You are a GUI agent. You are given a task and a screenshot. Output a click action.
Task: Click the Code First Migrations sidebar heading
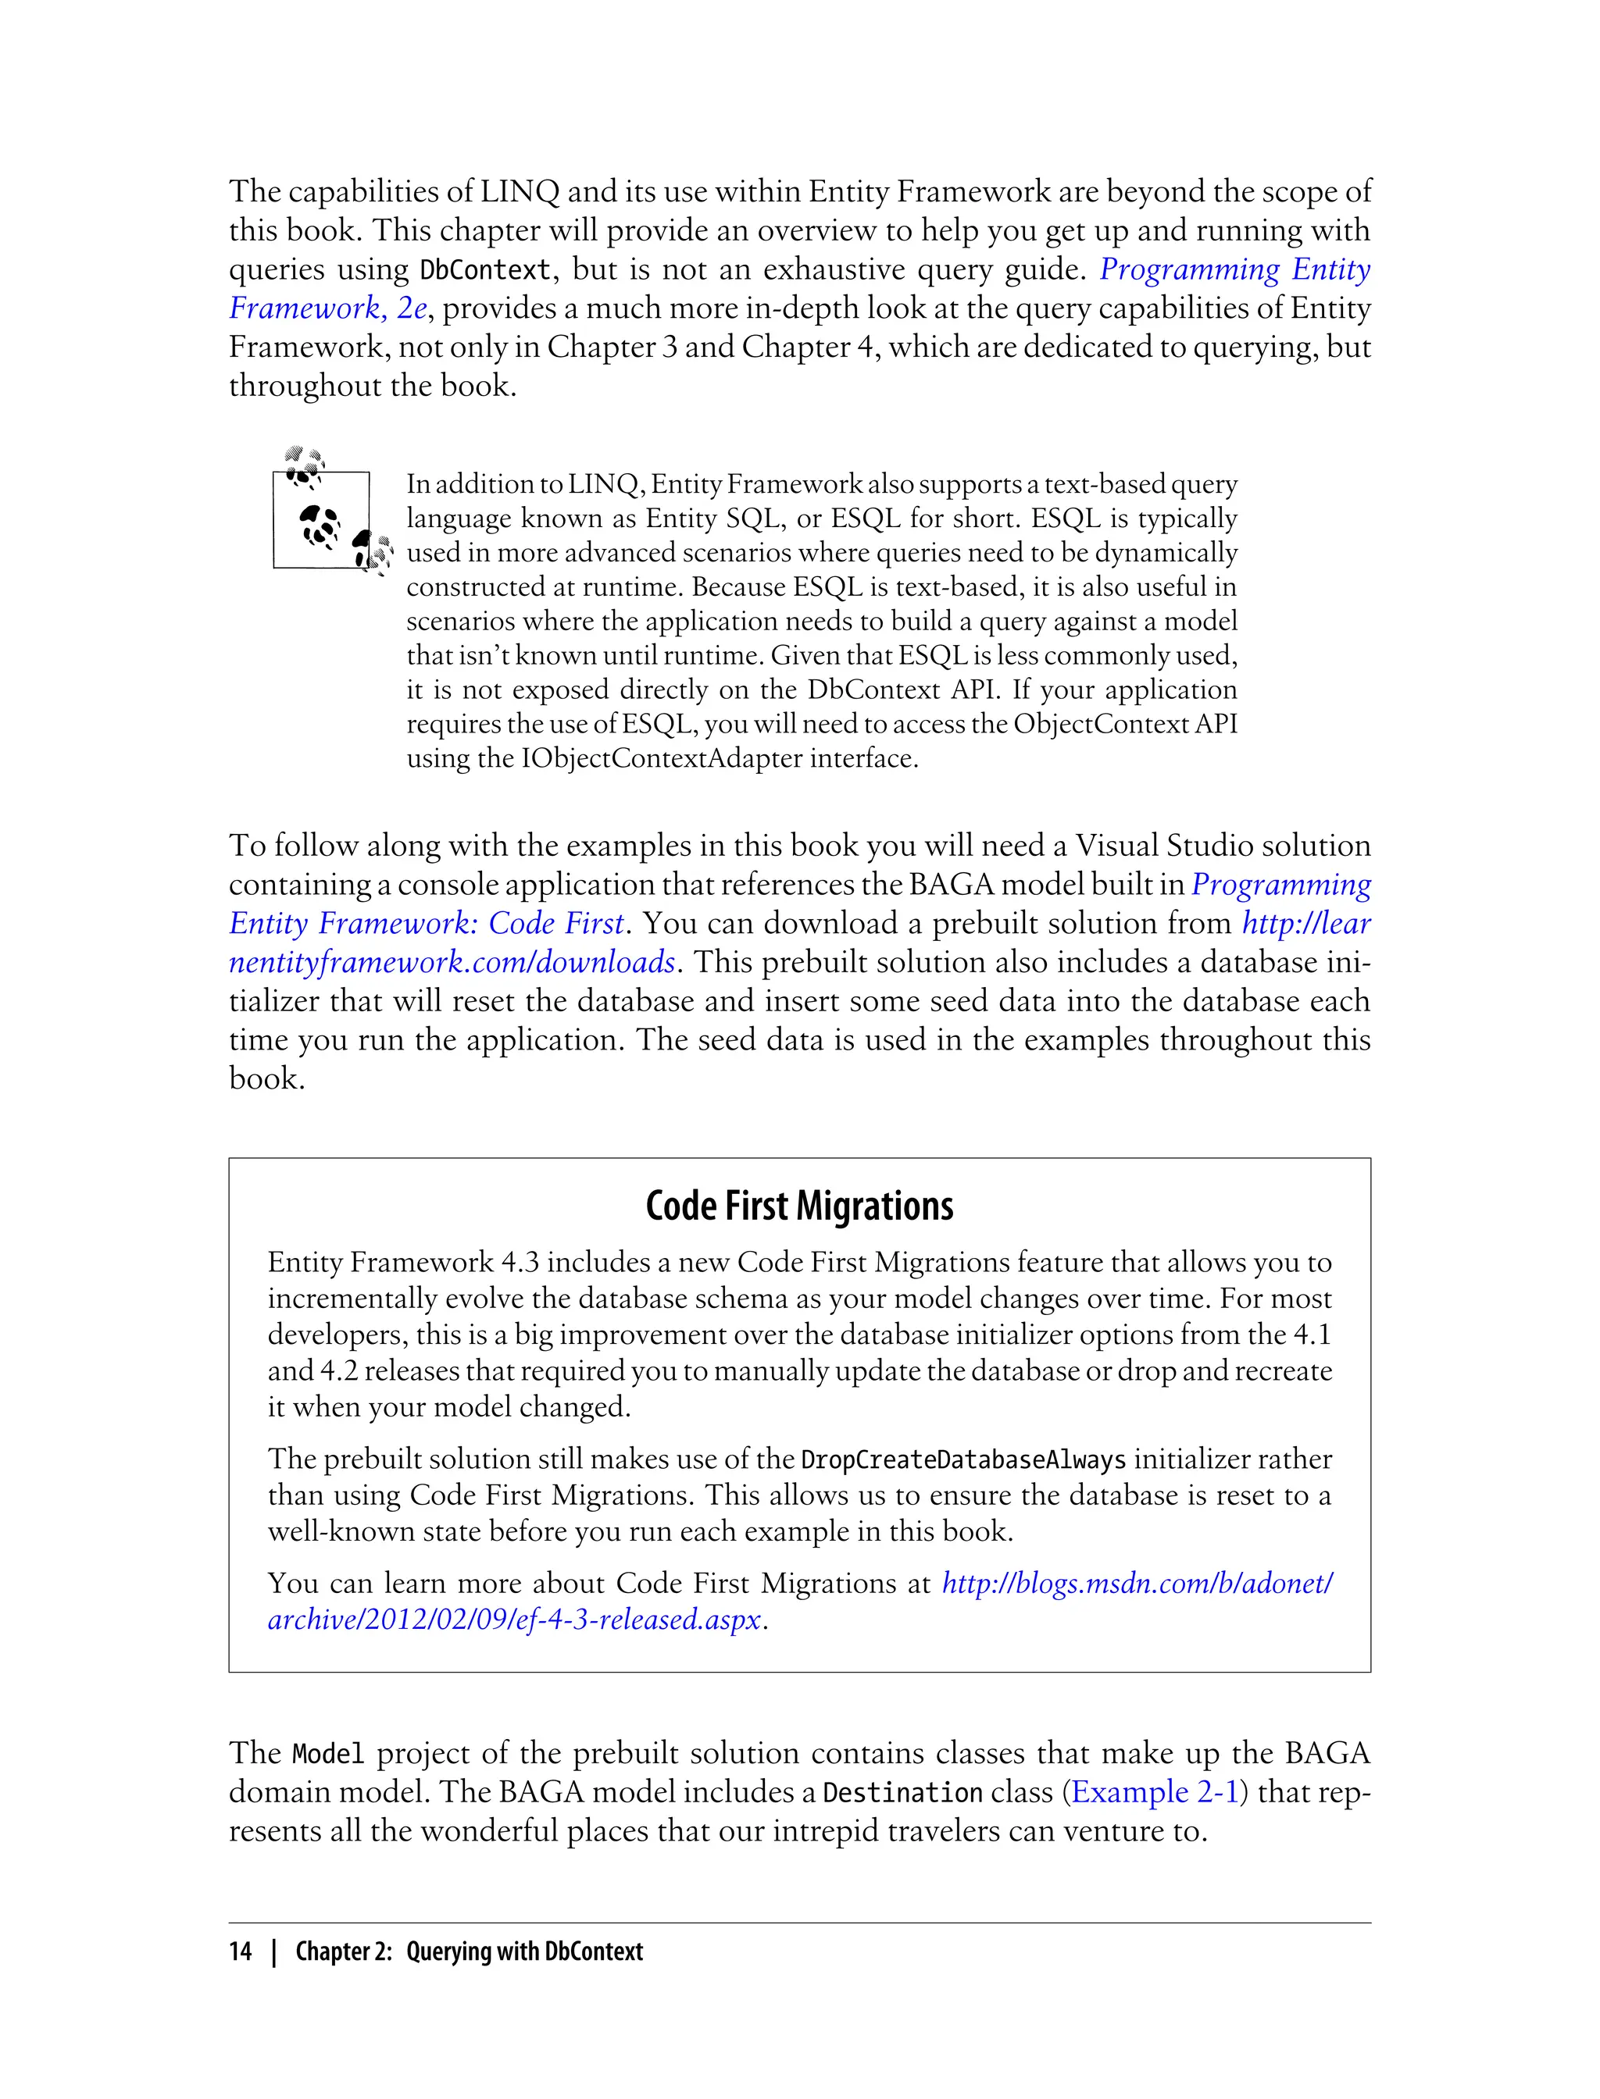tap(799, 1206)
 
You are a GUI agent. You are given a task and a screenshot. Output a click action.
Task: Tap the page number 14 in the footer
tap(240, 1951)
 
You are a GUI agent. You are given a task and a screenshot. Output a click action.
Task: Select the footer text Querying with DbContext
tap(523, 1951)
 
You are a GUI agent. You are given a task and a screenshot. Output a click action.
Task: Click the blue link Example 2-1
tap(1154, 1791)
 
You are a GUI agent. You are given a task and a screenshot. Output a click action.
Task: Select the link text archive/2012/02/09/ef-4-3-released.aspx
tap(514, 1618)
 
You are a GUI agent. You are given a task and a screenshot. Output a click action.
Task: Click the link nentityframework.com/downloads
tap(452, 961)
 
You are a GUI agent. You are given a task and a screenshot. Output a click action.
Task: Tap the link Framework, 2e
tap(329, 308)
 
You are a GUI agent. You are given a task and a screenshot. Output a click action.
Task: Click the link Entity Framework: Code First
tap(426, 922)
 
